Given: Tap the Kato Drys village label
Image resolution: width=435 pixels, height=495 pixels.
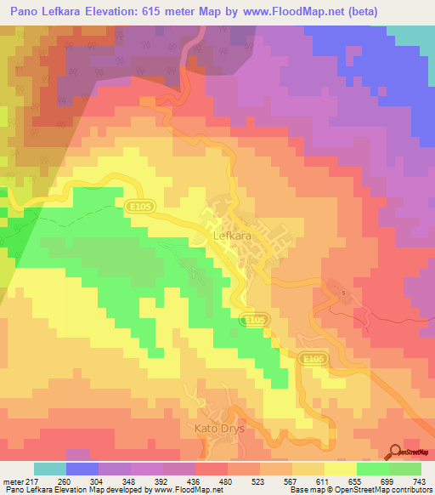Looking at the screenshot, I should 219,429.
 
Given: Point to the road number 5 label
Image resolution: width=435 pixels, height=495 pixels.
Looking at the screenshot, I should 344,293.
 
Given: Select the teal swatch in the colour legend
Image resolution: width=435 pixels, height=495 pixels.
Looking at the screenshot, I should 50,469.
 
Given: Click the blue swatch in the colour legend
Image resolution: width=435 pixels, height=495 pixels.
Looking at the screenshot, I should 82,469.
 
